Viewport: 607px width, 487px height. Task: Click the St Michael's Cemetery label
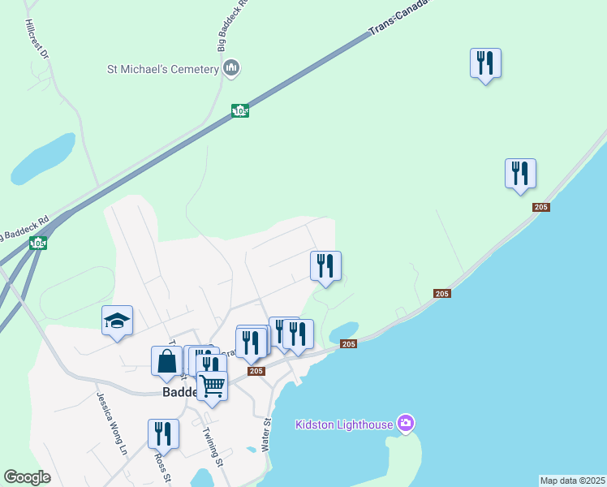(163, 69)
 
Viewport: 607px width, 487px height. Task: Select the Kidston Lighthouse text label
(344, 424)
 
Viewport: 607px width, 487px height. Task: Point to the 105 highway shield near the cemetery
(239, 110)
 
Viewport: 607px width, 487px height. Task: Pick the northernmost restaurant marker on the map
(485, 62)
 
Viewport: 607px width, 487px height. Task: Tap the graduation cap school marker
(117, 321)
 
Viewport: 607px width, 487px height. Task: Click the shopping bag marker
(166, 361)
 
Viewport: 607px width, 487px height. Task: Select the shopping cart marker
(212, 385)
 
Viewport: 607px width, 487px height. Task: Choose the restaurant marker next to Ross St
(163, 434)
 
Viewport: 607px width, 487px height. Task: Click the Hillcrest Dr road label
(37, 39)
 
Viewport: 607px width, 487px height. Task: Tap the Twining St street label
(213, 447)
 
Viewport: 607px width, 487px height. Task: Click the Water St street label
(265, 435)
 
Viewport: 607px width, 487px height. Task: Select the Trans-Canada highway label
(398, 18)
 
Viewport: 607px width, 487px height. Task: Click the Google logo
(27, 476)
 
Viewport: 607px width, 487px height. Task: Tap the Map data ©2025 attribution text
(572, 481)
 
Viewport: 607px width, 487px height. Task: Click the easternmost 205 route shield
(541, 208)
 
